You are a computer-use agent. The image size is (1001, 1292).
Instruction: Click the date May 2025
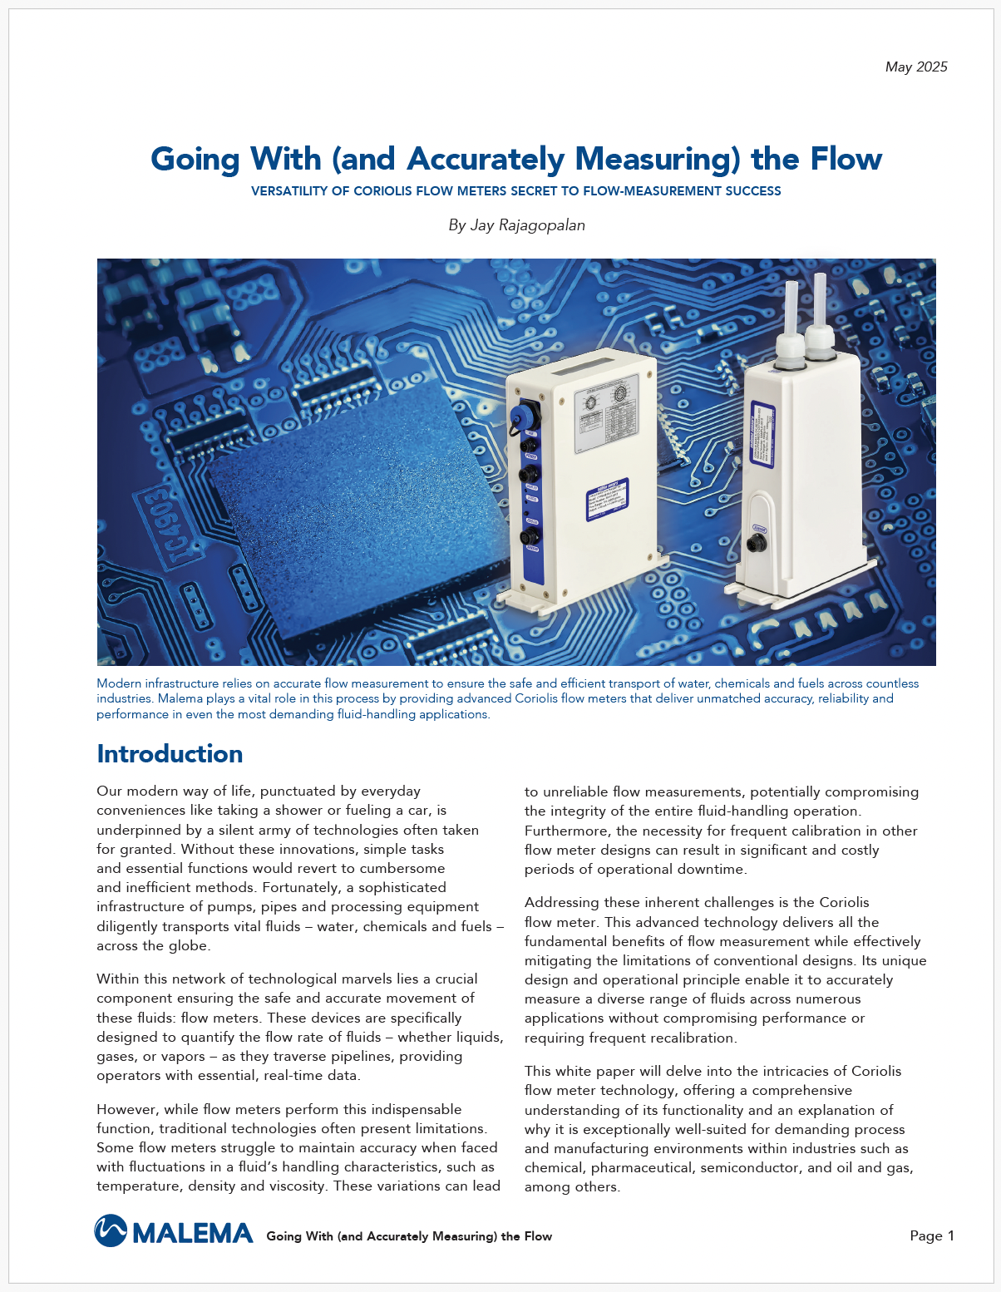click(916, 67)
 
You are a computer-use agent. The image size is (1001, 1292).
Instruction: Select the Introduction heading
click(170, 754)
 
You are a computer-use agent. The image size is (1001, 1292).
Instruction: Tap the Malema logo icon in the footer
click(111, 1231)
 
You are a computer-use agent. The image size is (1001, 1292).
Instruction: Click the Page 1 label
click(932, 1235)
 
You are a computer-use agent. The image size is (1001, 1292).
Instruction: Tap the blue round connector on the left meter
click(526, 414)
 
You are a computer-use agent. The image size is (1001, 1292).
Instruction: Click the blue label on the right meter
click(762, 441)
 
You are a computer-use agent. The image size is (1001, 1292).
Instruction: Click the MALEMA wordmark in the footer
click(192, 1233)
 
